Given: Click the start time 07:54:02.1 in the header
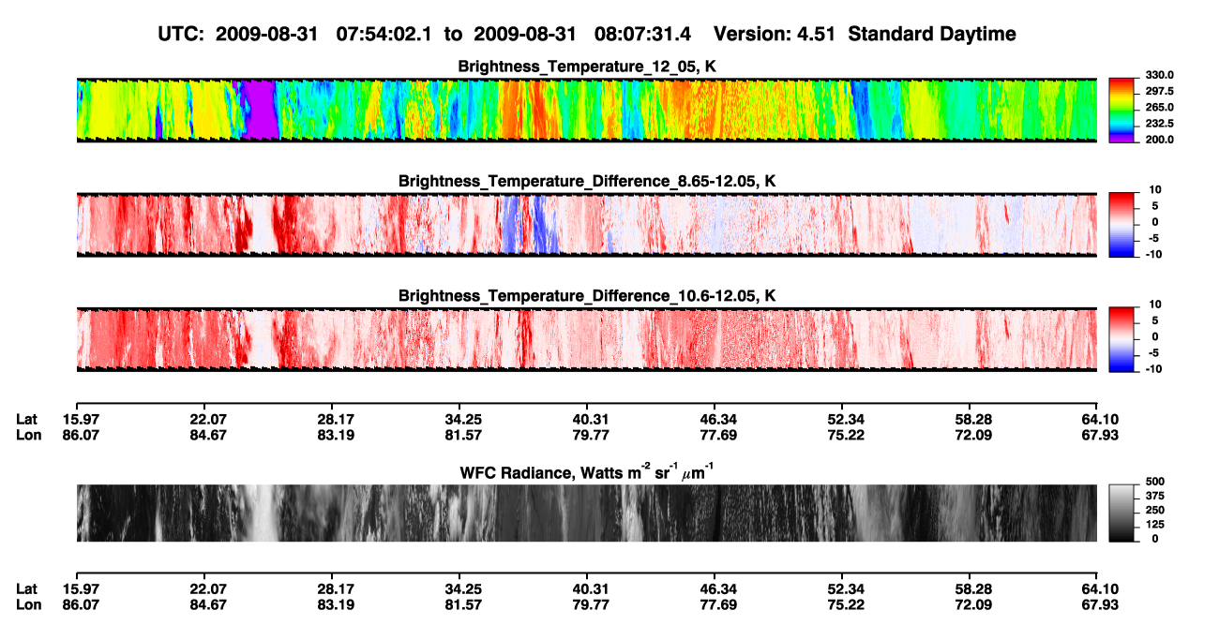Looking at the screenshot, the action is [384, 35].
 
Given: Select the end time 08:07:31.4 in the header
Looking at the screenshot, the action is [642, 35].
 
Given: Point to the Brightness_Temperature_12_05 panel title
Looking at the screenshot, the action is [587, 67].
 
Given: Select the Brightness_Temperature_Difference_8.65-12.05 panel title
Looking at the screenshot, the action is [587, 181].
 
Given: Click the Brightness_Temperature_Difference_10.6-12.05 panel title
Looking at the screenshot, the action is [587, 296].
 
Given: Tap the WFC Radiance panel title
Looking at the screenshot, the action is [587, 472].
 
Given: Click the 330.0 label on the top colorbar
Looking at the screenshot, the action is [1159, 75].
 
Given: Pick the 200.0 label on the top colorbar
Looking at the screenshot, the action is [1159, 140].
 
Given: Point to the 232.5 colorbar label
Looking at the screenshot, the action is [1159, 124].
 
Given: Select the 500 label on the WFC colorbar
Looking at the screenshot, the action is [1155, 482].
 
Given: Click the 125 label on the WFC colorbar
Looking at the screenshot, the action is [1155, 525].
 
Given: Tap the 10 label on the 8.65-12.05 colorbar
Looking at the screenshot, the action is [1155, 190].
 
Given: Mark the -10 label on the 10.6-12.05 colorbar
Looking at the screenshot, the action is [1154, 369].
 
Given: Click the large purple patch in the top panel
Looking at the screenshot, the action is [259, 109].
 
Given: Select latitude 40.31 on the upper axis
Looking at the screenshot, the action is [591, 420].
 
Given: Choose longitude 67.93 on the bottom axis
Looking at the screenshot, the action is [1100, 605].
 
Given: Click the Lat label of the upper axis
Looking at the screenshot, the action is [26, 420].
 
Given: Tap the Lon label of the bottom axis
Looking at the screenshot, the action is [28, 605].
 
